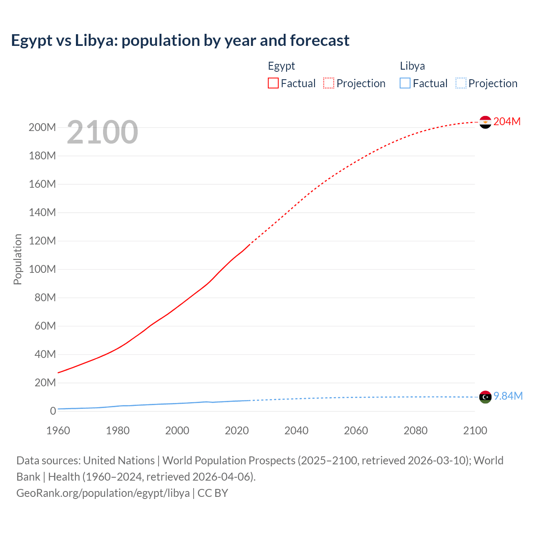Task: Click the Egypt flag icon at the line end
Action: pos(485,122)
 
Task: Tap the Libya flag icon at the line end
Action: pos(485,397)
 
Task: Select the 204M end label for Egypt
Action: pos(507,121)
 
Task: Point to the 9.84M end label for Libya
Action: pos(508,396)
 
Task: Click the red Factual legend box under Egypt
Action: pos(273,83)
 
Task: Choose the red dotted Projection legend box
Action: pos(329,83)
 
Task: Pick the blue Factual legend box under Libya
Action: pos(405,83)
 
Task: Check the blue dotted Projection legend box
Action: pos(461,83)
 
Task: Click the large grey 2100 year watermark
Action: pos(102,132)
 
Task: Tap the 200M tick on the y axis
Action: pos(42,127)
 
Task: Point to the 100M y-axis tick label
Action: pos(42,269)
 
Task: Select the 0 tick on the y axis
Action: pos(53,411)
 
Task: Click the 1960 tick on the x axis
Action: pos(58,431)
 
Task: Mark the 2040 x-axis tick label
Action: pos(296,431)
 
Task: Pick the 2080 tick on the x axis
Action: pos(416,431)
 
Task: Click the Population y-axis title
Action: pos(18,259)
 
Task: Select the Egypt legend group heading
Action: pos(281,66)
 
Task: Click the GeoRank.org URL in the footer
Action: pos(103,493)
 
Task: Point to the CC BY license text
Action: pos(213,493)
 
